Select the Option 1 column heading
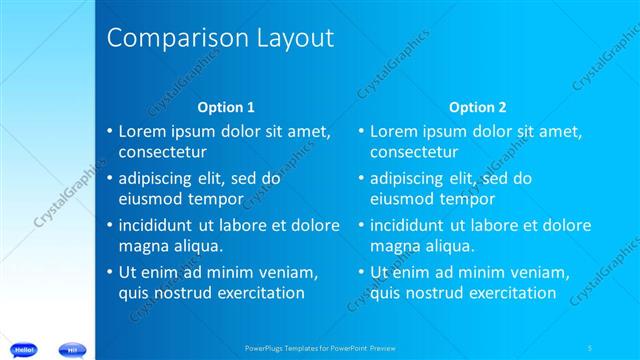tap(226, 107)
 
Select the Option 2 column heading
tap(477, 107)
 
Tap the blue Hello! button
tap(25, 349)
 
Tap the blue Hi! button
tap(73, 349)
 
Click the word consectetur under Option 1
tap(162, 152)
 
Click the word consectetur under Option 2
tap(414, 152)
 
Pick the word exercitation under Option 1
tap(255, 293)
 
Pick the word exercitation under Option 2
tap(507, 293)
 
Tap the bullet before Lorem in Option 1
tap(110, 131)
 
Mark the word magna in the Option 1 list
tap(142, 246)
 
